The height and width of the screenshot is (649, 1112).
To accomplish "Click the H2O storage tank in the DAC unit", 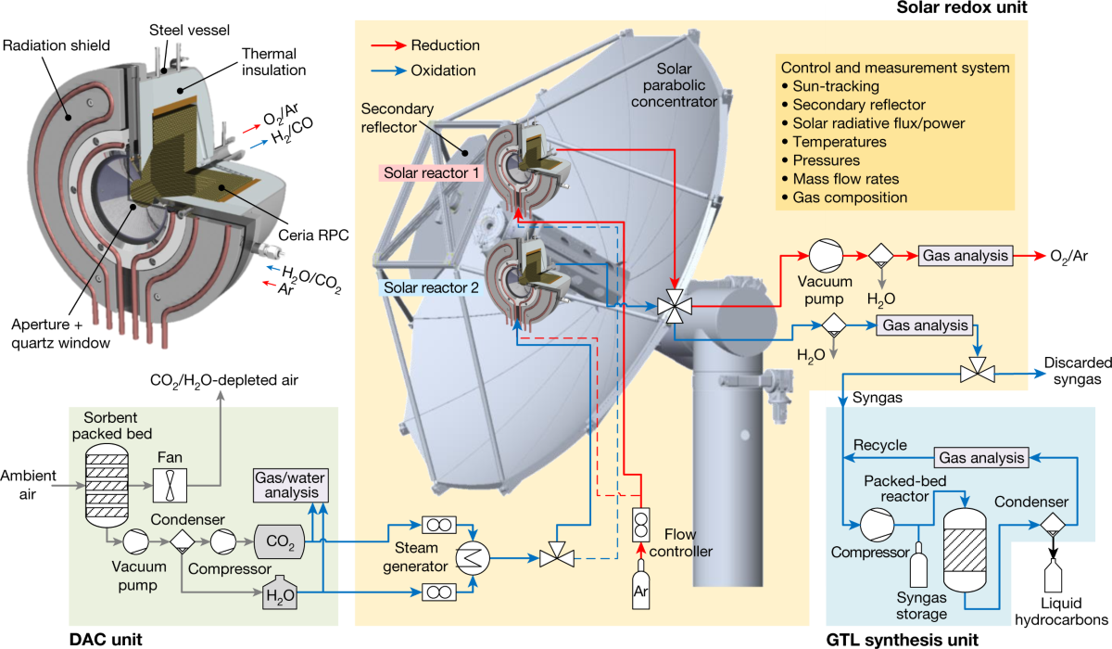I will pyautogui.click(x=280, y=593).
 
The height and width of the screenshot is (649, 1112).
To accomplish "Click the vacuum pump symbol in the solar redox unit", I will pyautogui.click(x=822, y=255).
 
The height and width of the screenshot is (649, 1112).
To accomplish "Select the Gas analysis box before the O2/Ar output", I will pyautogui.click(x=963, y=255).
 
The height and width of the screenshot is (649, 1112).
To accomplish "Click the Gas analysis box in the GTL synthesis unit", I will pyautogui.click(x=981, y=457).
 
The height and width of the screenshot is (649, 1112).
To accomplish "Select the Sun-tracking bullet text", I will pyautogui.click(x=834, y=89).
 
